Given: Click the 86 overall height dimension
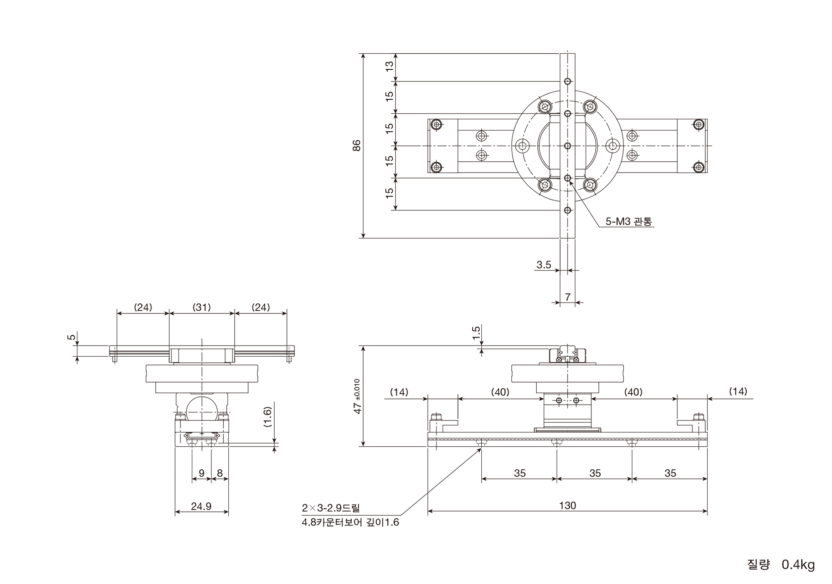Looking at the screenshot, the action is point(357,145).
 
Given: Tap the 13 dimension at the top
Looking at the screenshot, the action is point(389,67).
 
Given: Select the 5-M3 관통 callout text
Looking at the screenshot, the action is point(628,222).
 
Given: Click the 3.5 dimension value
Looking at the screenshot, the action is point(544,265).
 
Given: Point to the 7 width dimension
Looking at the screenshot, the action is point(567,297).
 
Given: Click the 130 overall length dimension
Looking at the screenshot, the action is point(567,505).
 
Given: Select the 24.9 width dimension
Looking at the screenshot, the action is point(201,506).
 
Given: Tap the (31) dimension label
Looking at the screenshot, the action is point(202,308).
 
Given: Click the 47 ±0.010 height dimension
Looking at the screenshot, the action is point(357,396).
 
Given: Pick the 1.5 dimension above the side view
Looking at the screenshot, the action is point(477,333).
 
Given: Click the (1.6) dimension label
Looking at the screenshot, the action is point(267,417).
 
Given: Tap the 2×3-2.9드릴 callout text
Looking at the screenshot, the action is point(331,508).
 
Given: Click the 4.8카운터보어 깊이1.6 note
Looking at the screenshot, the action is point(350,522).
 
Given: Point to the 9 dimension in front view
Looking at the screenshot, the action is point(201,473).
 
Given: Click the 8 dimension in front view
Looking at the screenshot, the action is point(220,473).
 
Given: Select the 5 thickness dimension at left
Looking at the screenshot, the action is point(72,338).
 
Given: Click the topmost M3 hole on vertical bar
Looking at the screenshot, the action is point(567,81).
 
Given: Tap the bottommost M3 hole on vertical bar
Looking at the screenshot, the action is point(567,210).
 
